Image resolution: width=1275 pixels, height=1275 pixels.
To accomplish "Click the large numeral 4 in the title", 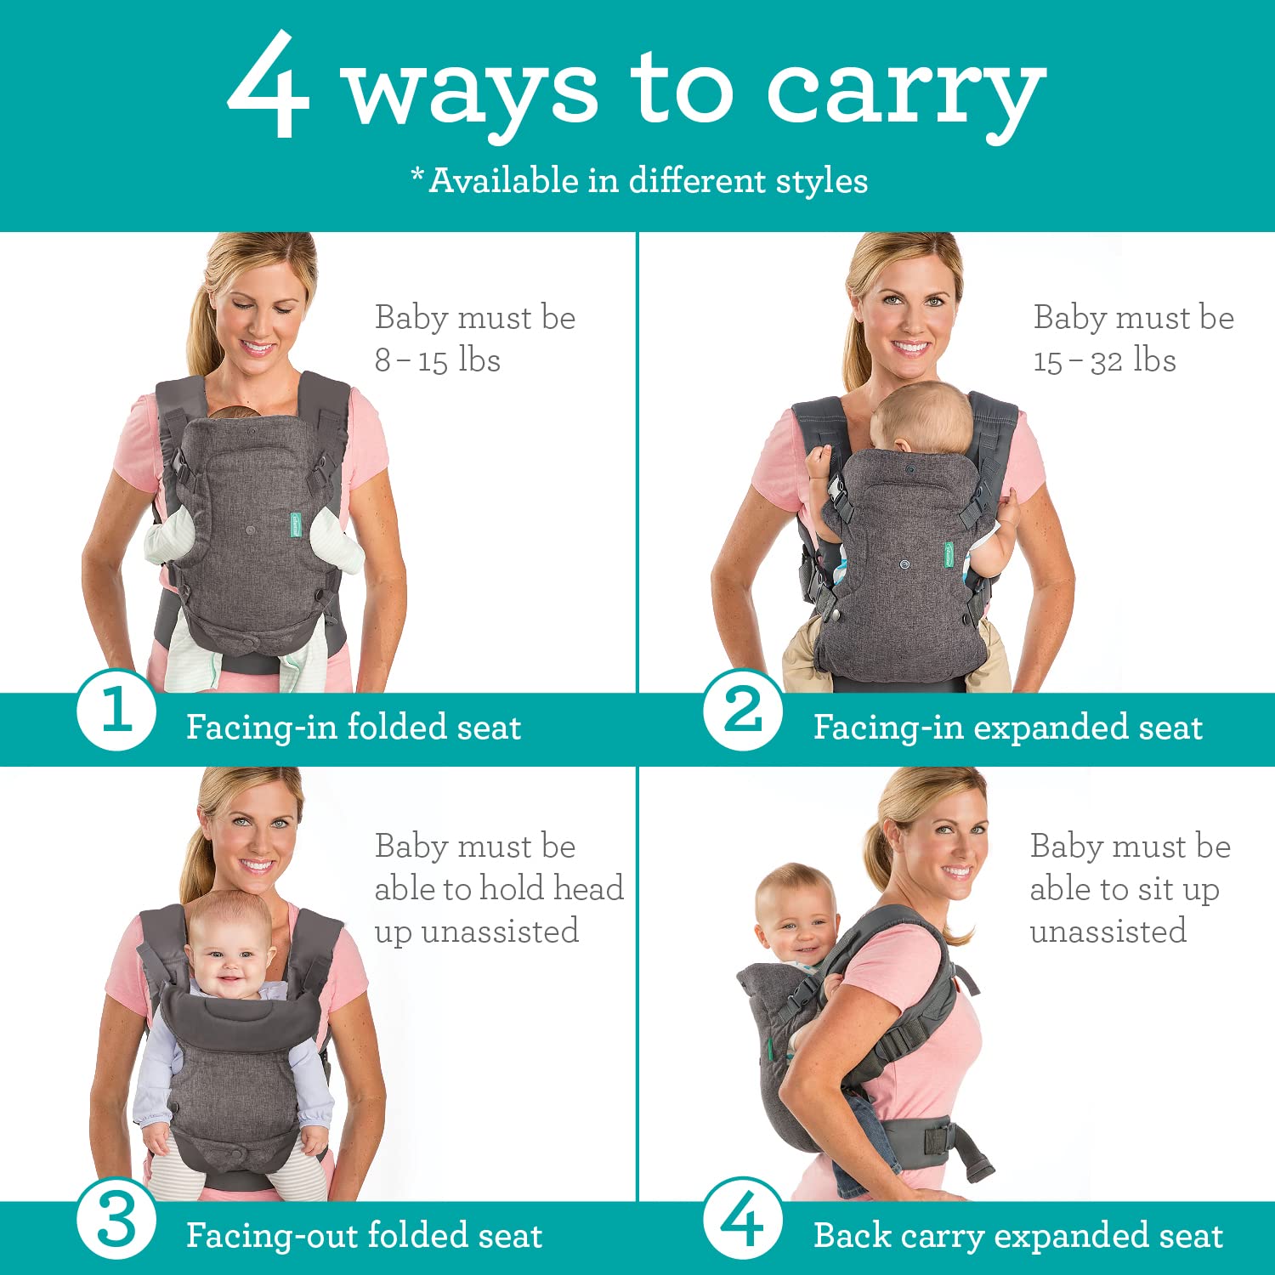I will (267, 87).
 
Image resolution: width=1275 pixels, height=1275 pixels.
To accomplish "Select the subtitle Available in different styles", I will (640, 180).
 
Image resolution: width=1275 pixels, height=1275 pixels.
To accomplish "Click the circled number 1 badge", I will (116, 711).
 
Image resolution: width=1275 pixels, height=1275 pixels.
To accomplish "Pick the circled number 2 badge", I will (743, 711).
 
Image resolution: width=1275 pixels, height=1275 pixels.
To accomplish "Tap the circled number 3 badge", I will (116, 1221).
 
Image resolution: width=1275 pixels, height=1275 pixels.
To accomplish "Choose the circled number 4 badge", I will (743, 1219).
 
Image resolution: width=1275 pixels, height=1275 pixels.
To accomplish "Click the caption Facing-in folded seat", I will (354, 728).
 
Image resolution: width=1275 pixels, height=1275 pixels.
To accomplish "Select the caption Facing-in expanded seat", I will (1007, 728).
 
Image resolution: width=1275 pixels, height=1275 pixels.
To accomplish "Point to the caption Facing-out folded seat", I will (364, 1236).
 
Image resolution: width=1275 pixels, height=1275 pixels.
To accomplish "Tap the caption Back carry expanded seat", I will (1017, 1236).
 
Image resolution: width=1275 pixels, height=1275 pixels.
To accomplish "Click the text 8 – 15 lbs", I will (438, 360).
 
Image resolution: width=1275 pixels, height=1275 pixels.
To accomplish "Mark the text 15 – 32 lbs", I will (1104, 360).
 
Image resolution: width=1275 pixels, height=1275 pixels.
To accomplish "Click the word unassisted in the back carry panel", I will (1108, 932).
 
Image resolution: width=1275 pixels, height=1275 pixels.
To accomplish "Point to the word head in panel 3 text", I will (588, 889).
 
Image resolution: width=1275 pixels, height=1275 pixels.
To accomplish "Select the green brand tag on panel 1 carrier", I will (294, 524).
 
